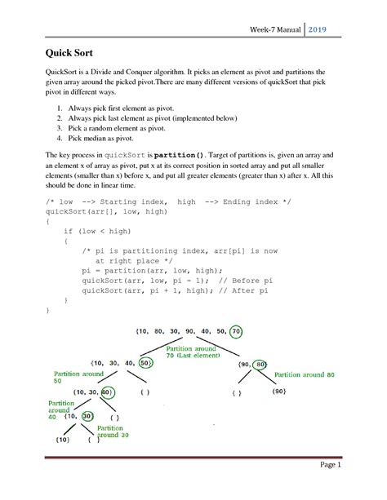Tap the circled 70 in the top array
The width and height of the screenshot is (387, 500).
235,333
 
